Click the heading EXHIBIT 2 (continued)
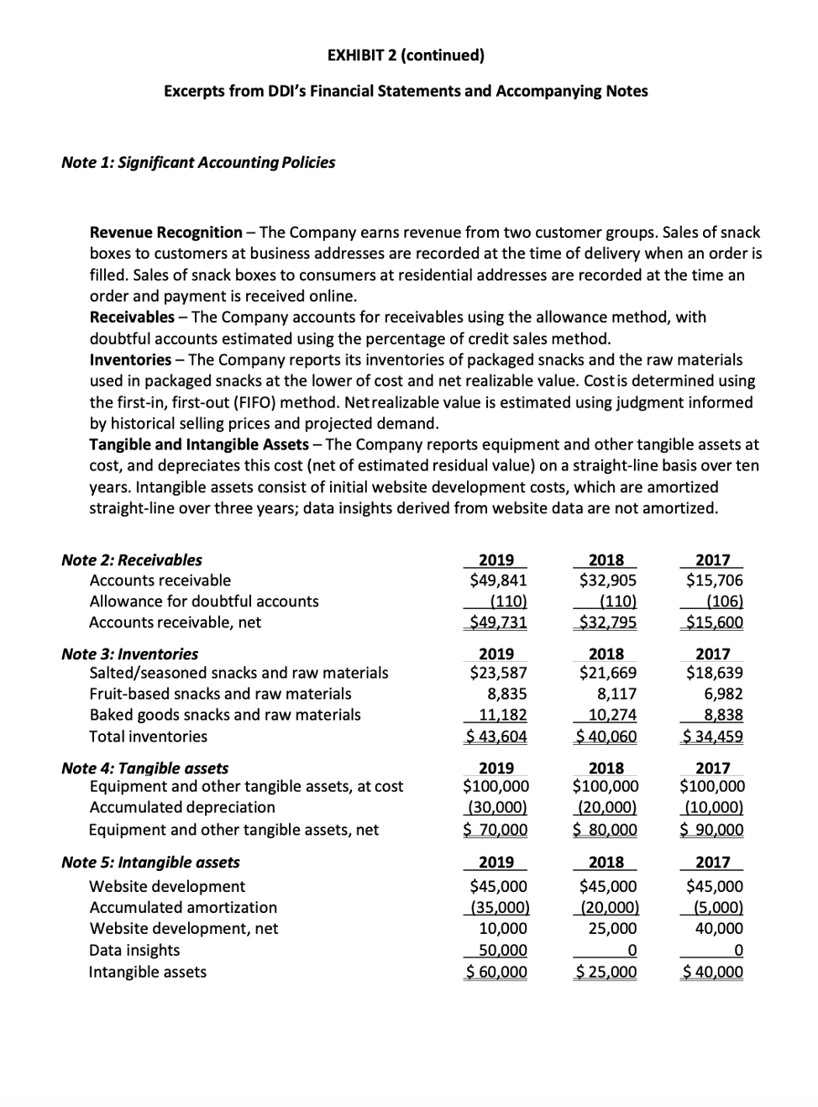coord(406,55)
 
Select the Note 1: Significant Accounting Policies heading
coord(198,162)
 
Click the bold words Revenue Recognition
coord(165,232)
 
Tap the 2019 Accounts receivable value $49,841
coord(498,580)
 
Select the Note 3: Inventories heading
coord(130,653)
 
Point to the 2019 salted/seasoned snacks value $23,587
coord(498,673)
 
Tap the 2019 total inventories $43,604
coord(496,737)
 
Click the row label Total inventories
coord(148,737)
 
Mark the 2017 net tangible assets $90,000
coord(711,830)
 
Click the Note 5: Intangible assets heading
coord(150,862)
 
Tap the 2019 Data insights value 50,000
coord(501,950)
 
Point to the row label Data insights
coord(134,950)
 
